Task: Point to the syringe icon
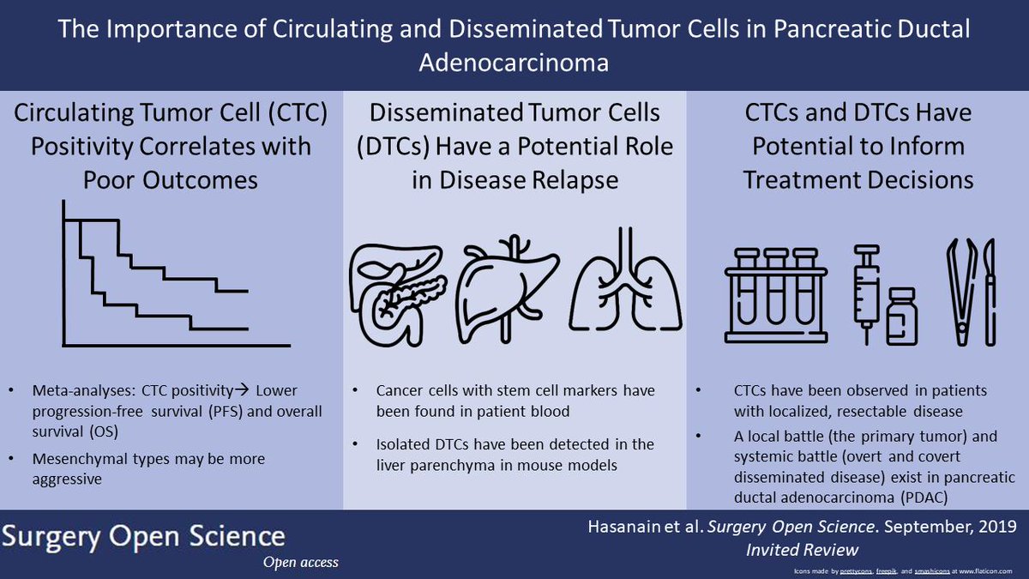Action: click(x=865, y=283)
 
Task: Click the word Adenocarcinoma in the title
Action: click(x=514, y=63)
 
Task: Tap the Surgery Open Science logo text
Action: click(x=143, y=536)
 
